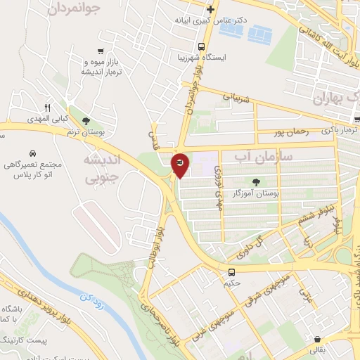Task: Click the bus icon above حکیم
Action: [x=231, y=271]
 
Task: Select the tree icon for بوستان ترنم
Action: [x=86, y=121]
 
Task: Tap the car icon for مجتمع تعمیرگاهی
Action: [x=33, y=153]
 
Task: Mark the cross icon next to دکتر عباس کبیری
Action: [x=210, y=9]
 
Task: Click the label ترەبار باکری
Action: [x=340, y=130]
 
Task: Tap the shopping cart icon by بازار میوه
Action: [x=103, y=51]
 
